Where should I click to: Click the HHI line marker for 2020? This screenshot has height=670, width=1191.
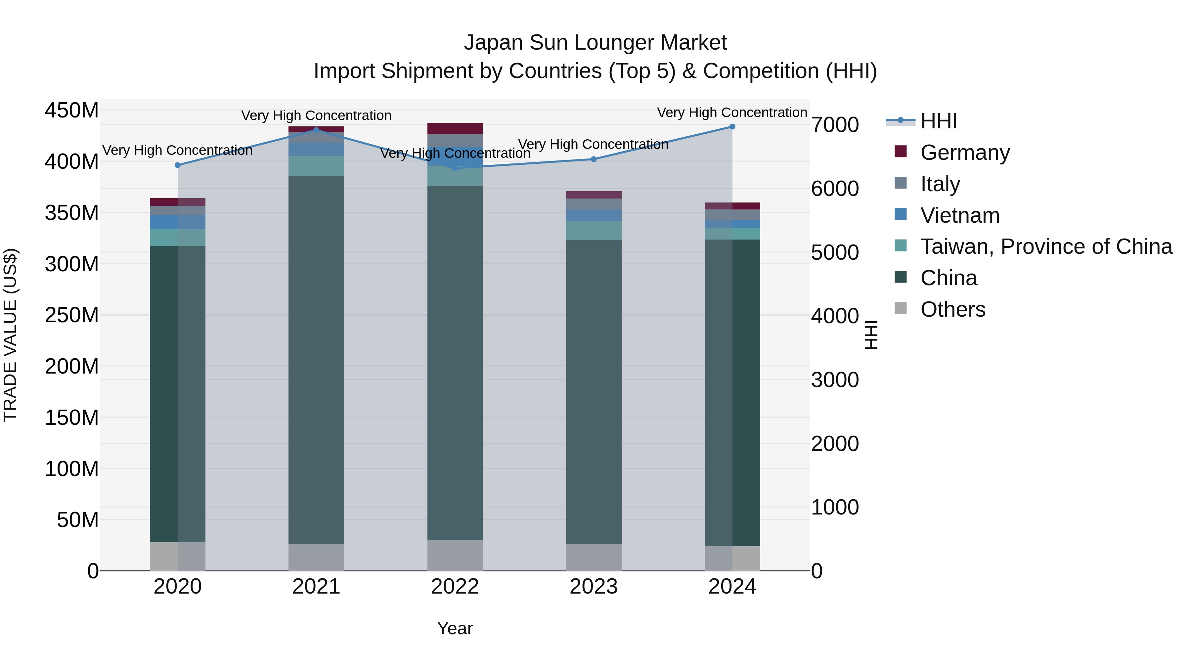[x=178, y=165]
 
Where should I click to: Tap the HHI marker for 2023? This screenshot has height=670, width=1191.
[x=594, y=159]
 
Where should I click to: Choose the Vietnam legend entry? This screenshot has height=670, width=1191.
[x=959, y=215]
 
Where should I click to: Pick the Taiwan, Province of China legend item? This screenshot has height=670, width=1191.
[x=1046, y=246]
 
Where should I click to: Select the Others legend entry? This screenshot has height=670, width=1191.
[x=952, y=309]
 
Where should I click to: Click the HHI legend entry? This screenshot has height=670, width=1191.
[x=938, y=121]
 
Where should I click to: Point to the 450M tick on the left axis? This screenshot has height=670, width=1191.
[x=72, y=111]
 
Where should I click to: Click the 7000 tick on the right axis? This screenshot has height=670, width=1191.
[x=835, y=125]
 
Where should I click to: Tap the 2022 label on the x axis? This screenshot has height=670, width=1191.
[x=455, y=587]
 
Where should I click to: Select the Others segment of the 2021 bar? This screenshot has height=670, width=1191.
[x=316, y=557]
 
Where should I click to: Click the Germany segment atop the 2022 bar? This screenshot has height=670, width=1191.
[x=455, y=129]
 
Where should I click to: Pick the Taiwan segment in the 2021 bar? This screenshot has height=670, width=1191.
[x=316, y=166]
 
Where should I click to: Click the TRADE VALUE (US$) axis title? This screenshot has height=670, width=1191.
[x=10, y=335]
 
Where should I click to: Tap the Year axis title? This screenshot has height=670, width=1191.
[x=455, y=628]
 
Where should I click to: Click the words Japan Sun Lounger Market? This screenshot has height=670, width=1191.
[x=595, y=43]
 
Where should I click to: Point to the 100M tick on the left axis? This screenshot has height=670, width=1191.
[x=72, y=469]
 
